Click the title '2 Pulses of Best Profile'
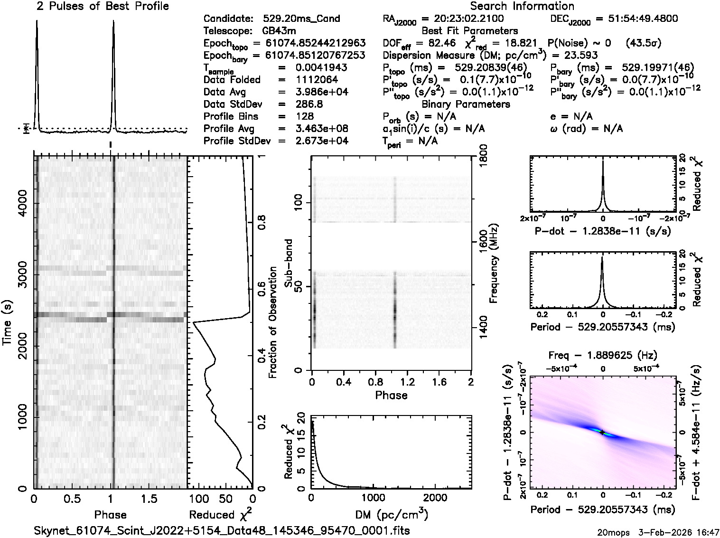(x=103, y=6)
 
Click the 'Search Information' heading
(x=522, y=6)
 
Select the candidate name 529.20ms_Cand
(x=301, y=19)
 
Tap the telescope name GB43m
(x=280, y=31)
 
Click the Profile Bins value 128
(x=304, y=117)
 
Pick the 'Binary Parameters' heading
(x=466, y=104)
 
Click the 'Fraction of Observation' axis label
(x=272, y=322)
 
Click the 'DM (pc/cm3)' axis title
(x=392, y=515)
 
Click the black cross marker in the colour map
(x=602, y=432)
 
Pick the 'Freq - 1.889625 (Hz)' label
(x=602, y=355)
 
